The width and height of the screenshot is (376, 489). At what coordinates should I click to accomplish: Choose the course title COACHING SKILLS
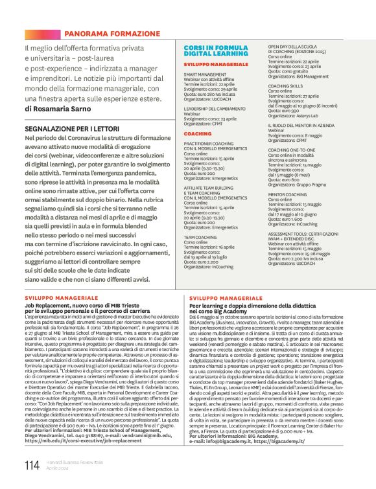click(x=285, y=85)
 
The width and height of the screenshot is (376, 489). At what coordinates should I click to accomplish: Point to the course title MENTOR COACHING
click(x=288, y=194)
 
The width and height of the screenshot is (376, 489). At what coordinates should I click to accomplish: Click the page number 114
click(x=32, y=465)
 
